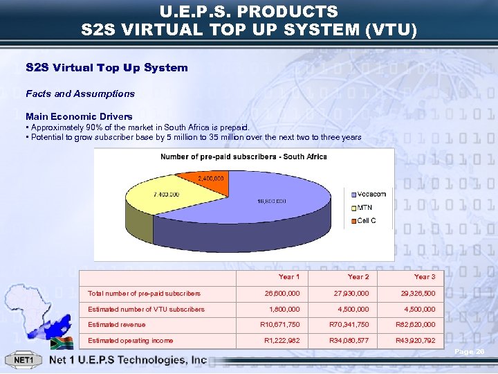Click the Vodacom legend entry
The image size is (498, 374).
point(370,194)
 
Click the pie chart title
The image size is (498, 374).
point(243,157)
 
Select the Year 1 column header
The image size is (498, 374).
point(288,277)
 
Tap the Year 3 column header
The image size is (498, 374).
point(424,277)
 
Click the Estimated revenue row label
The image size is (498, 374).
point(117,325)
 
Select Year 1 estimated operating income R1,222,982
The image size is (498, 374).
point(282,341)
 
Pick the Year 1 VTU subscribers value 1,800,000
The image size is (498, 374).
point(284,310)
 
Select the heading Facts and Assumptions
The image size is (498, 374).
point(80,93)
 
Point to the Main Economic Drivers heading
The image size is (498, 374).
point(79,116)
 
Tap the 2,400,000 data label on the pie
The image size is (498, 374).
point(210,179)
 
